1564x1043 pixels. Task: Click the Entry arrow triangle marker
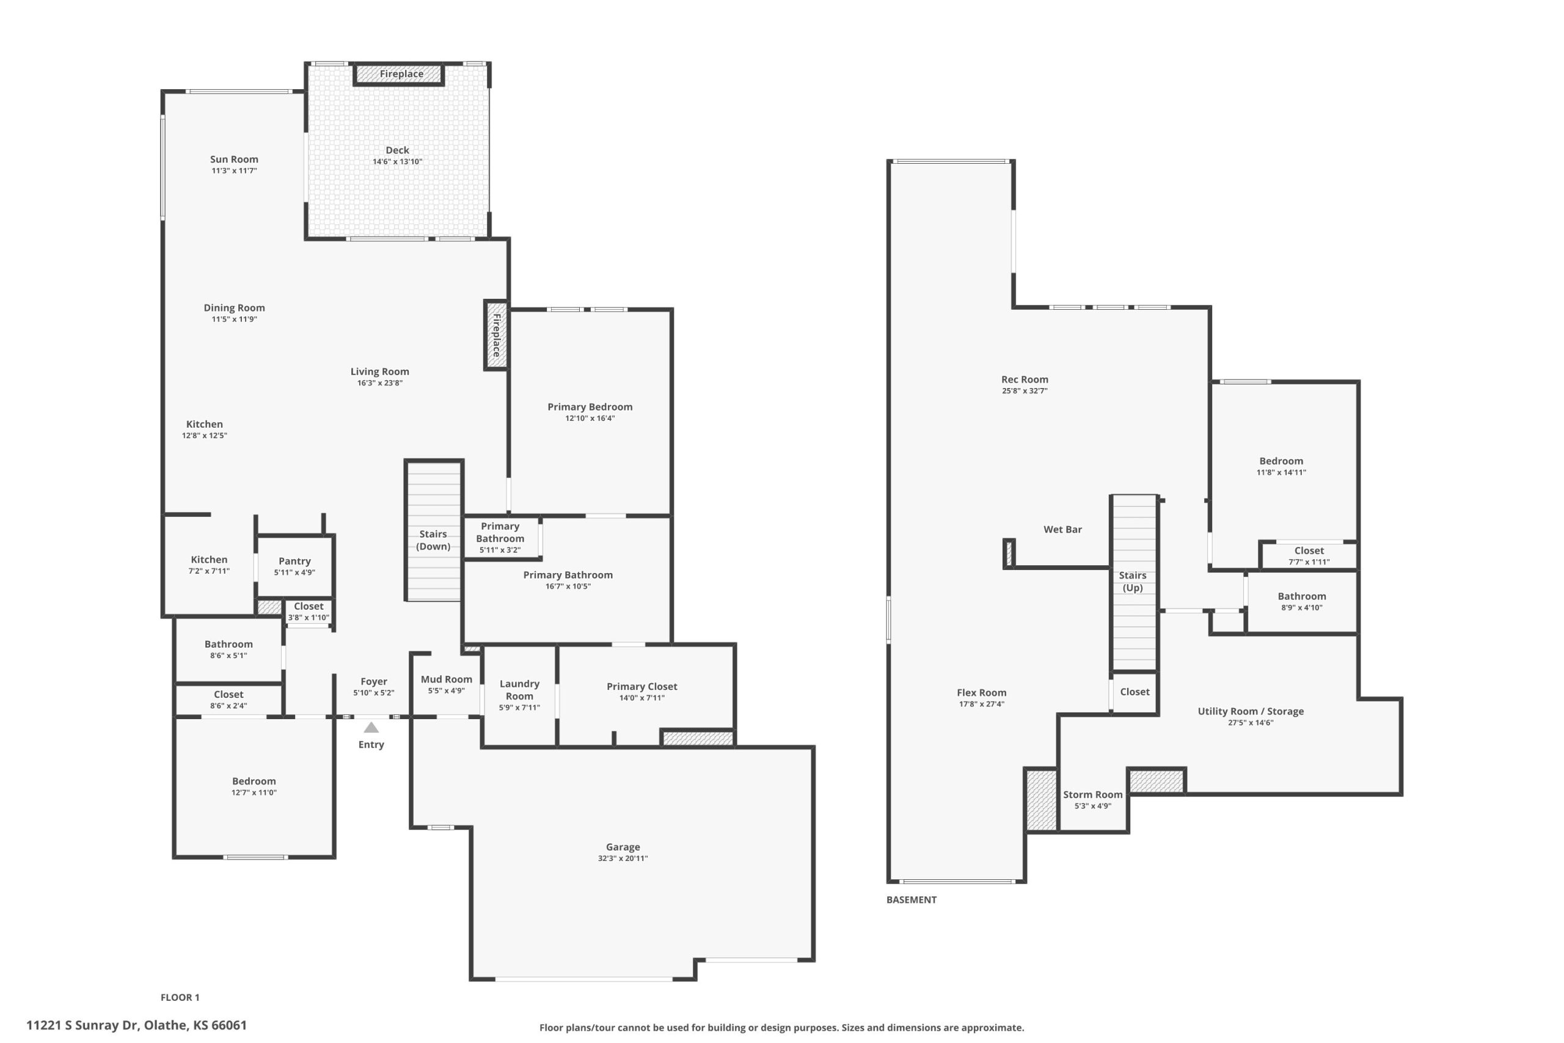pyautogui.click(x=371, y=728)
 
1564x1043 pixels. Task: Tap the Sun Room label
pyautogui.click(x=234, y=159)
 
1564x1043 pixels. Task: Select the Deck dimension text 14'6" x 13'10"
pyautogui.click(x=397, y=162)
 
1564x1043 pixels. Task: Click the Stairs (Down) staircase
pyautogui.click(x=434, y=530)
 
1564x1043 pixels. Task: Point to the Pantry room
pyautogui.click(x=294, y=566)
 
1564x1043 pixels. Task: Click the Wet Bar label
pyautogui.click(x=1062, y=530)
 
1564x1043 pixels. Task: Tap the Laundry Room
pyautogui.click(x=519, y=695)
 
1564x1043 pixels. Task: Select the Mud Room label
pyautogui.click(x=446, y=679)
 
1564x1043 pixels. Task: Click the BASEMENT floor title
pyautogui.click(x=911, y=900)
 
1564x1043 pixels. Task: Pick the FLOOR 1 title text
pyautogui.click(x=180, y=998)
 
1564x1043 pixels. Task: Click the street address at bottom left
pyautogui.click(x=136, y=1025)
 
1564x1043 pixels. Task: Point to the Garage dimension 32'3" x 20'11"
pyautogui.click(x=623, y=858)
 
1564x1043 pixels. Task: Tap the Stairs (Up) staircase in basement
pyautogui.click(x=1135, y=583)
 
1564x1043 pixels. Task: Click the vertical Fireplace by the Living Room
pyautogui.click(x=496, y=335)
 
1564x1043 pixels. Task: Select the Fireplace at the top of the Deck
pyautogui.click(x=400, y=74)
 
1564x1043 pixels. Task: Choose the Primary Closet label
pyautogui.click(x=641, y=686)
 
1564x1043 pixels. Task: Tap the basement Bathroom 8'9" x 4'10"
pyautogui.click(x=1301, y=601)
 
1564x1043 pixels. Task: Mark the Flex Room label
pyautogui.click(x=982, y=692)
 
